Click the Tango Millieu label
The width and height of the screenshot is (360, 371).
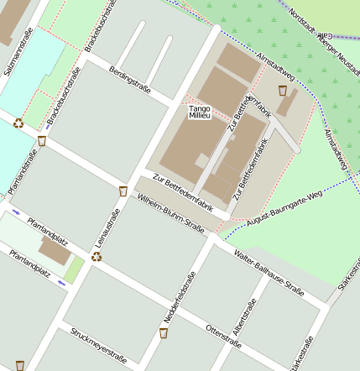199,112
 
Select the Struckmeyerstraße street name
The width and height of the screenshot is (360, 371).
98,346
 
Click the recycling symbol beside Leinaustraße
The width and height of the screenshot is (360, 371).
97,256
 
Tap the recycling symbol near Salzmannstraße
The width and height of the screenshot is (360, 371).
18,123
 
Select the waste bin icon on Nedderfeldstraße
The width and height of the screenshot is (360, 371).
164,332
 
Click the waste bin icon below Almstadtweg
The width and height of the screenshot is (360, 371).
283,90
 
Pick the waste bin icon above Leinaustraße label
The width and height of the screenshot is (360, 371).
123,191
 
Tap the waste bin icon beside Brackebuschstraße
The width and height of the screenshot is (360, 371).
42,140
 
